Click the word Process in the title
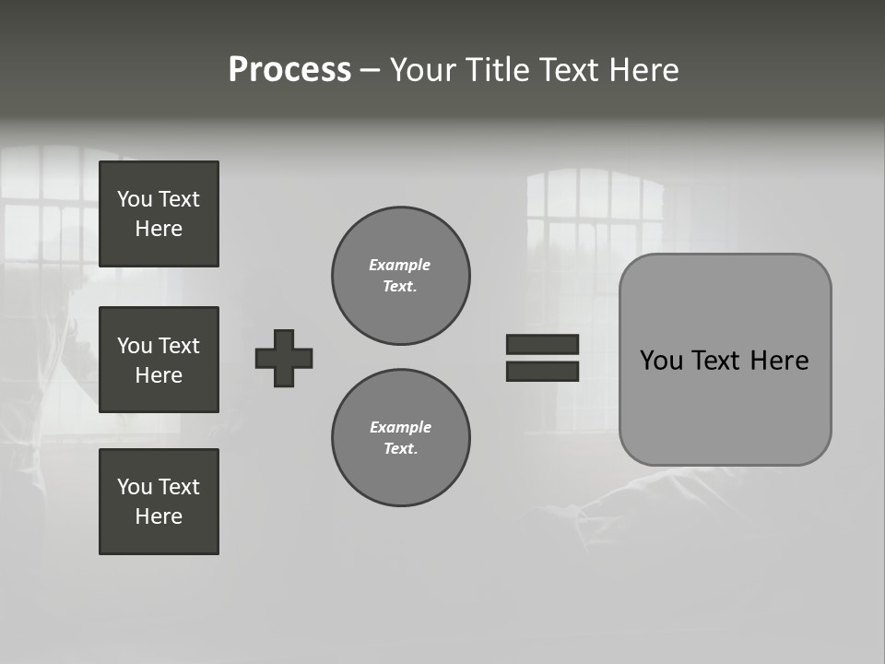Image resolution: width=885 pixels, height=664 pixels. click(x=289, y=70)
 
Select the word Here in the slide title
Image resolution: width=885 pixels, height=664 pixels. click(x=644, y=70)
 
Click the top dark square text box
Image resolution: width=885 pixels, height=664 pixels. click(x=159, y=214)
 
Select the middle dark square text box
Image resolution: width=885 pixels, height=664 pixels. click(x=159, y=360)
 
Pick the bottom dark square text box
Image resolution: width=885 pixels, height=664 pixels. click(x=159, y=502)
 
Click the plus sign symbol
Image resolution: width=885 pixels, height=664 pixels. click(x=284, y=358)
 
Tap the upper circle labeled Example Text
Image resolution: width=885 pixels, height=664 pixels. click(x=400, y=276)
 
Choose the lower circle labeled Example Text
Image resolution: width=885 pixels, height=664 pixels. click(x=400, y=438)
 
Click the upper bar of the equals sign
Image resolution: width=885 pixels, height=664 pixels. click(x=542, y=344)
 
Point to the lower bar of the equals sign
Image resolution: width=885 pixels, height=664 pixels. click(x=542, y=371)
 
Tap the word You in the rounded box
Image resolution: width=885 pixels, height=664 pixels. click(x=661, y=361)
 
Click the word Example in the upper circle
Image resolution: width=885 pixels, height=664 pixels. click(x=399, y=265)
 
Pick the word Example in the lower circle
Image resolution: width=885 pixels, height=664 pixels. click(x=400, y=427)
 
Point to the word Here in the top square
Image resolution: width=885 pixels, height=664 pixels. click(x=159, y=229)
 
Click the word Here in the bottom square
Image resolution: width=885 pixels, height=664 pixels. click(x=159, y=516)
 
